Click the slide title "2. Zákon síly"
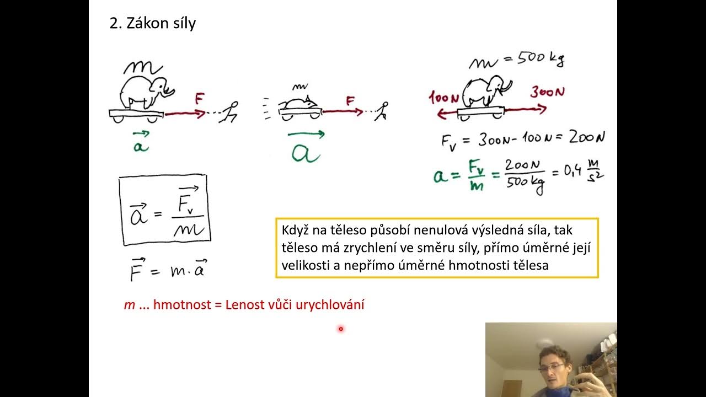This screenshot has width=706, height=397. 153,24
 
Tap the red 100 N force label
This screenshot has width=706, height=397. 445,99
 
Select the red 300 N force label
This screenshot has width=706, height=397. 547,92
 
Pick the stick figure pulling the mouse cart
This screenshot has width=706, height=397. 382,110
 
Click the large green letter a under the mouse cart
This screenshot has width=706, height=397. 306,152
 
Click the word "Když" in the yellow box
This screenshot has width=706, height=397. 296,230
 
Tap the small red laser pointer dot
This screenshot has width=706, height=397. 341,329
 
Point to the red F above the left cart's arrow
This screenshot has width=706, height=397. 199,100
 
